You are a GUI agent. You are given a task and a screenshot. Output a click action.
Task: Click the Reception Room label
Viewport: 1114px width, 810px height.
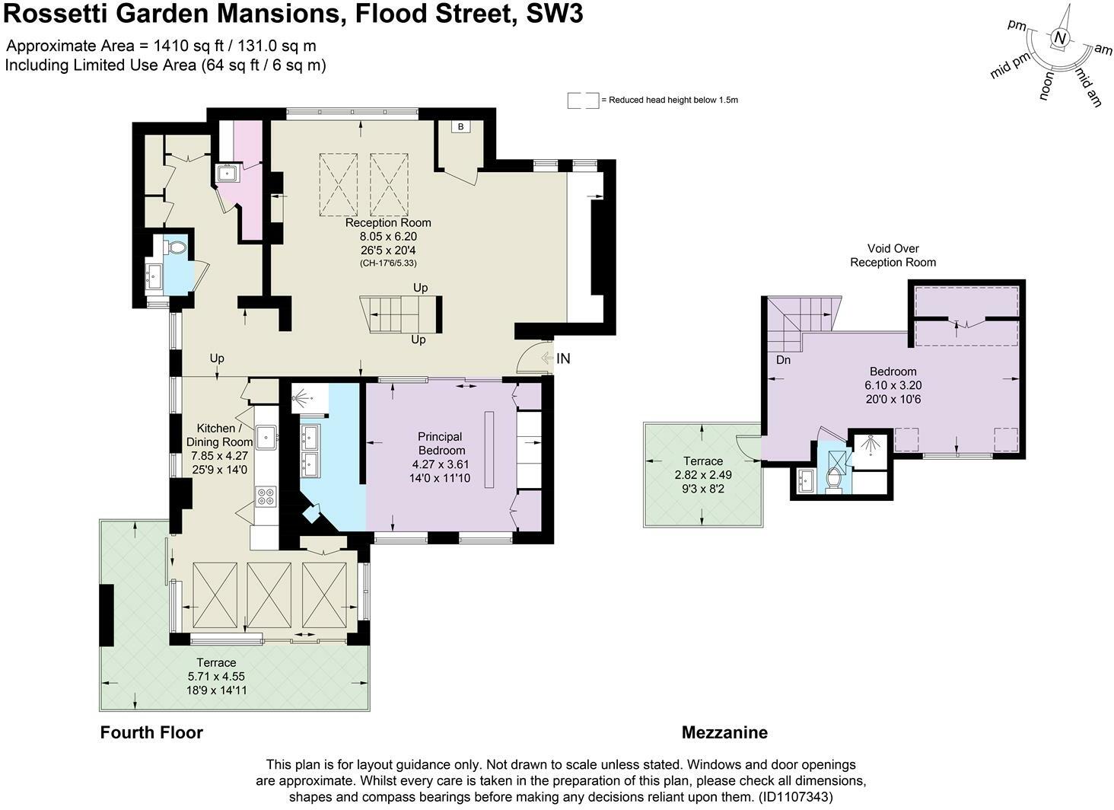(388, 223)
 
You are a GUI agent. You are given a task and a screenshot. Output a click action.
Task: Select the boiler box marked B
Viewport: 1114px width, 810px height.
(460, 126)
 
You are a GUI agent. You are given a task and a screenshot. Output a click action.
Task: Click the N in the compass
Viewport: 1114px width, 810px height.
(1060, 39)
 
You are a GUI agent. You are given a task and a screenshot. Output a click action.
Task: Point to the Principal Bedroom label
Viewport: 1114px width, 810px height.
(440, 443)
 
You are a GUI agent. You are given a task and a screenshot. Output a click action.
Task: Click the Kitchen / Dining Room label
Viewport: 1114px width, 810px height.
(220, 435)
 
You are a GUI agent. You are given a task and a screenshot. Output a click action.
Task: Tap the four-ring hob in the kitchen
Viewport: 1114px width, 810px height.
(266, 496)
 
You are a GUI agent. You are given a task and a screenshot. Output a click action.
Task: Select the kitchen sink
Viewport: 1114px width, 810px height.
(266, 437)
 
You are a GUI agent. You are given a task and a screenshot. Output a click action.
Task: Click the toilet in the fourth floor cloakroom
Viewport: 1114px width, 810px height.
(176, 248)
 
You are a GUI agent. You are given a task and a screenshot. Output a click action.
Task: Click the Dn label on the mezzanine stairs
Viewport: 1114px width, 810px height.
(783, 360)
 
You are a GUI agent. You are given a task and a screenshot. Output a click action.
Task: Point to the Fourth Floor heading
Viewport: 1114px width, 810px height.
(151, 732)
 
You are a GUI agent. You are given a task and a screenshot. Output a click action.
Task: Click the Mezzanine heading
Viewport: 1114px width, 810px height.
(724, 732)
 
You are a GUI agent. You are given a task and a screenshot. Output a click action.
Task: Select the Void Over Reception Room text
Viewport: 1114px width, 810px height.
(893, 255)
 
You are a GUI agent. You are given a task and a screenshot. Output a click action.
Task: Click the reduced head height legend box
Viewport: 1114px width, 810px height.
(583, 100)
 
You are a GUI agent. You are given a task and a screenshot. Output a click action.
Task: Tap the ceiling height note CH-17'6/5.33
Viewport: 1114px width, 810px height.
(388, 263)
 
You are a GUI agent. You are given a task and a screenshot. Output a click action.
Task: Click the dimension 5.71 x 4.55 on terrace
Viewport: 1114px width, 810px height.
(216, 676)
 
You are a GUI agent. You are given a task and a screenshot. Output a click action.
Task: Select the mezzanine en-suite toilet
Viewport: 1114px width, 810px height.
(832, 480)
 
